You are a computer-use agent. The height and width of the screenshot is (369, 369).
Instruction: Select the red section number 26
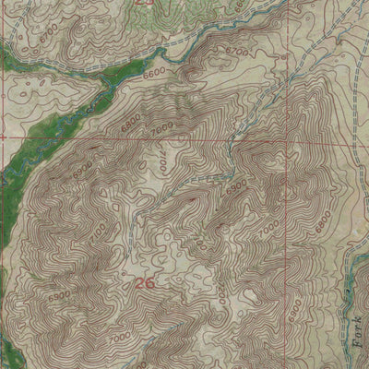point(144,283)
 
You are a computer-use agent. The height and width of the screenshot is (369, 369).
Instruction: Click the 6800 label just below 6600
point(128,121)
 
